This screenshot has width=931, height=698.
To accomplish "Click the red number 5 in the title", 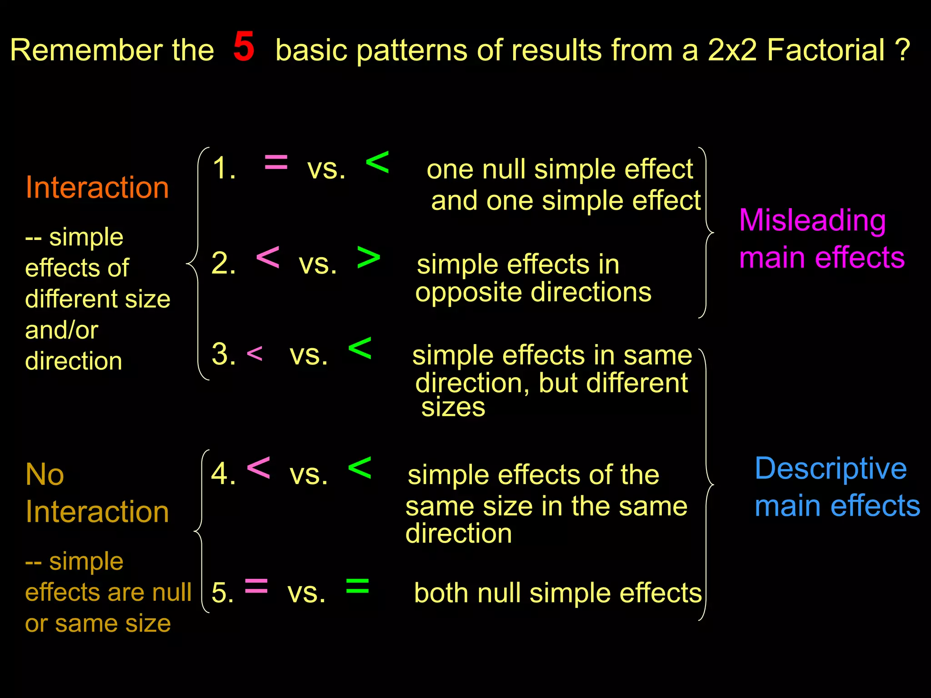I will [244, 47].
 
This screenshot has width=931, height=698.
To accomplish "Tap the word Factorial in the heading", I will [826, 50].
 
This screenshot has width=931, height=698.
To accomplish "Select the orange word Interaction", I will [97, 187].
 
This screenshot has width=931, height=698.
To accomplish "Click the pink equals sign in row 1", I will [276, 162].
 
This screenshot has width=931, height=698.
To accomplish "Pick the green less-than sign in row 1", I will [377, 162].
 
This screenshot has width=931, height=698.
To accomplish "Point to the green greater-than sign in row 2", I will [369, 258].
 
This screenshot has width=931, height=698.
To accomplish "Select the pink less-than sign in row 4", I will [258, 468].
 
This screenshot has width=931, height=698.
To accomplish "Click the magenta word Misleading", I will [812, 221].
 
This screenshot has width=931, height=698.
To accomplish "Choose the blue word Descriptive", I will [831, 469].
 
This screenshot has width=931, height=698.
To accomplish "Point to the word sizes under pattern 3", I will [453, 407].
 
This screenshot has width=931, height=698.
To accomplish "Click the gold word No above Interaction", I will [45, 474].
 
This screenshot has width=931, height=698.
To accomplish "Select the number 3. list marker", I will [224, 354].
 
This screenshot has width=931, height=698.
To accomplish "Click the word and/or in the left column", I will [61, 329].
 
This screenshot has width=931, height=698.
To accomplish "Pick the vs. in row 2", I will [318, 263].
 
